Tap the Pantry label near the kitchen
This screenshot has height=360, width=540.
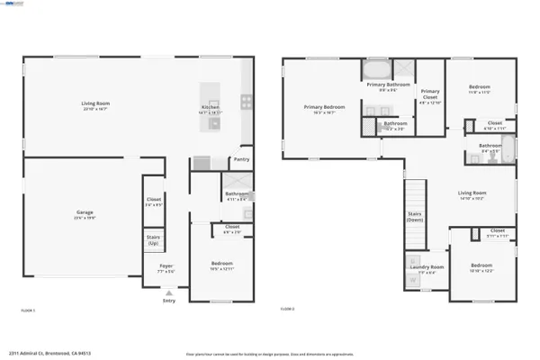[241, 159]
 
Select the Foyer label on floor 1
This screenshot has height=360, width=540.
[167, 267]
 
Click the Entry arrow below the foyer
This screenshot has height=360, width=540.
[168, 293]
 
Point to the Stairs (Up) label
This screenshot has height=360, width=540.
[153, 240]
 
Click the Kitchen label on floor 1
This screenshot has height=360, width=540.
[210, 111]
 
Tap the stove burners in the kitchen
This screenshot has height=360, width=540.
[245, 101]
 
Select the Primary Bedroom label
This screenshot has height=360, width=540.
[322, 108]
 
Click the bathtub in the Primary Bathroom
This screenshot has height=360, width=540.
[376, 69]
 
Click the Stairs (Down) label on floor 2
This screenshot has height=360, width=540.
[415, 217]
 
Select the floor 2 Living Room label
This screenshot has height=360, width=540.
[472, 193]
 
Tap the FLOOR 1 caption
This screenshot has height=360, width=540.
[28, 310]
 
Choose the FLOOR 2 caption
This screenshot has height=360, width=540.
[287, 310]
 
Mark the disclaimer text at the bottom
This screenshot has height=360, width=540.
[270, 353]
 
